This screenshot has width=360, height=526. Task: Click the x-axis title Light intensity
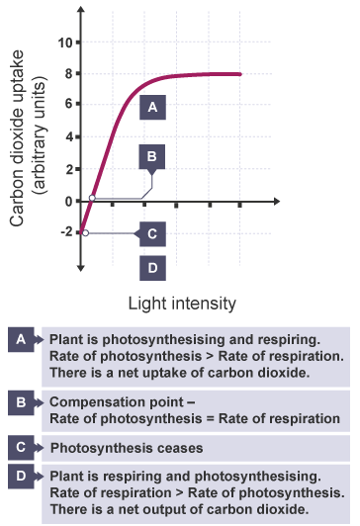(x=182, y=301)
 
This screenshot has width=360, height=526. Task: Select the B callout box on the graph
(x=151, y=155)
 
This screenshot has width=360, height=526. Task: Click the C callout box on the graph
(x=151, y=233)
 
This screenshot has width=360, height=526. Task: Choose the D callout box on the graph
(x=151, y=266)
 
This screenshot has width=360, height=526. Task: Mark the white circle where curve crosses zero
(x=92, y=199)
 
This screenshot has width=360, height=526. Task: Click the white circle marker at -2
(x=85, y=233)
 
